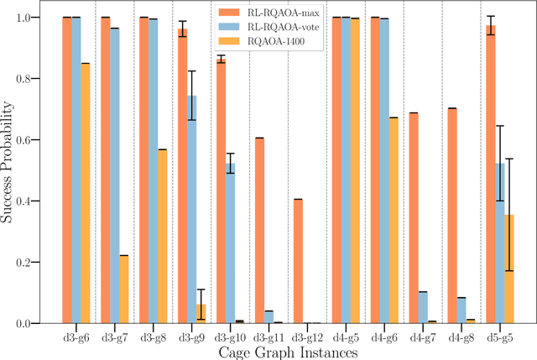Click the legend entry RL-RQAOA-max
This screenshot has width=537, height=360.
point(278,13)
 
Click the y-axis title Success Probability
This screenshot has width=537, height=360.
point(9,170)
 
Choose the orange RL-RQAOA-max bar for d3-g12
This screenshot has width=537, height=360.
point(298,261)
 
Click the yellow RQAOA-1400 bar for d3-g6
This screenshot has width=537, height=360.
point(86,193)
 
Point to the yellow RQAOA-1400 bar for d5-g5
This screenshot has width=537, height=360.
point(510,269)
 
